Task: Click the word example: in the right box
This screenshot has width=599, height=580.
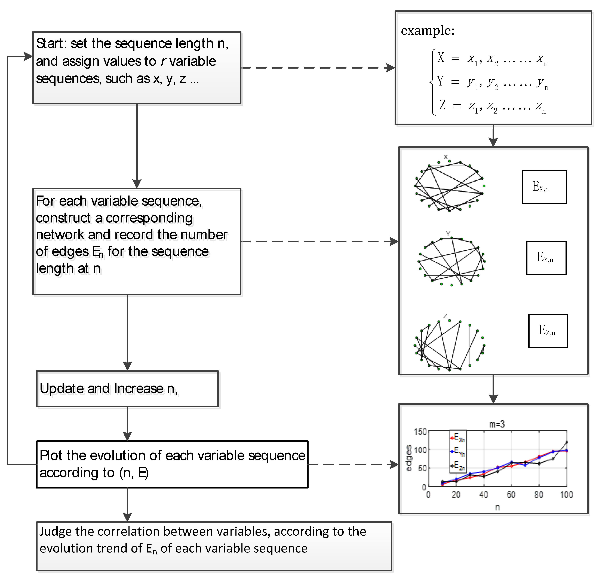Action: tap(427, 30)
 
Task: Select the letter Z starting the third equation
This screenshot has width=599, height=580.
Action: tap(442, 105)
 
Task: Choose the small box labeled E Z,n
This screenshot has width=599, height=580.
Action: tap(548, 331)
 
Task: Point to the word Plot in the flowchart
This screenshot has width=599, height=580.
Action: tap(51, 456)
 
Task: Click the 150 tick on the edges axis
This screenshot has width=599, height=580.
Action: tap(420, 432)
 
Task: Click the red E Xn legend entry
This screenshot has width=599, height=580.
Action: tap(457, 438)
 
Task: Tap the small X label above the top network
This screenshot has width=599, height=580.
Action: tap(446, 157)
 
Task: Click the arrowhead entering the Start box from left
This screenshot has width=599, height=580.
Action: tap(28, 56)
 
